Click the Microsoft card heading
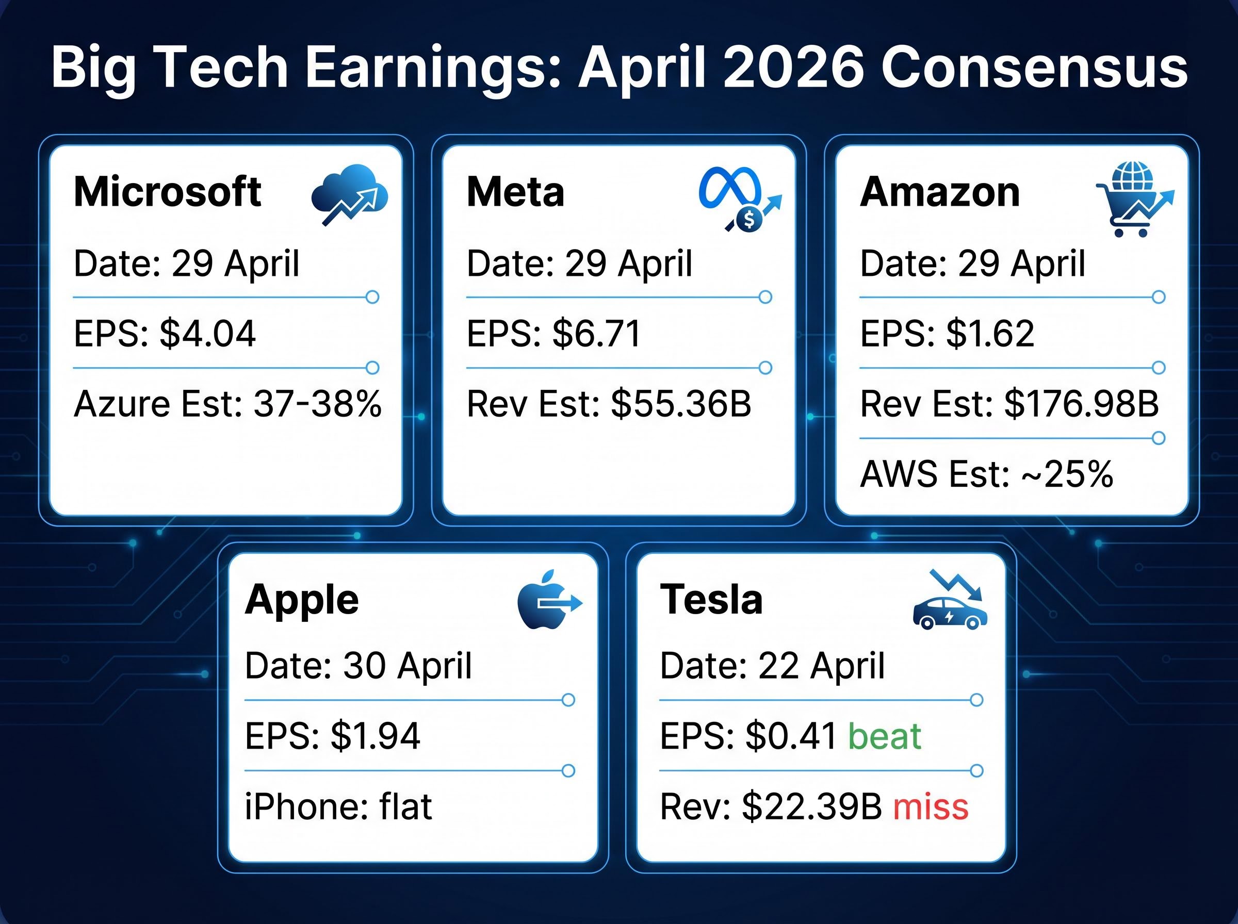click(x=167, y=192)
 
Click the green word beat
click(x=884, y=736)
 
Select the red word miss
click(x=931, y=806)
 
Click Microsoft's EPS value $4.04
click(x=207, y=334)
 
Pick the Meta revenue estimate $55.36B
click(x=681, y=404)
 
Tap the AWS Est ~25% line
click(x=986, y=474)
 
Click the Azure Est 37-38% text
click(x=227, y=404)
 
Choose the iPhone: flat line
click(x=338, y=806)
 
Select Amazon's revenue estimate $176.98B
click(x=1081, y=404)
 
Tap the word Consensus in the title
click(x=1034, y=67)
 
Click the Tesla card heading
click(x=711, y=599)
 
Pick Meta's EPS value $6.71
click(x=596, y=334)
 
